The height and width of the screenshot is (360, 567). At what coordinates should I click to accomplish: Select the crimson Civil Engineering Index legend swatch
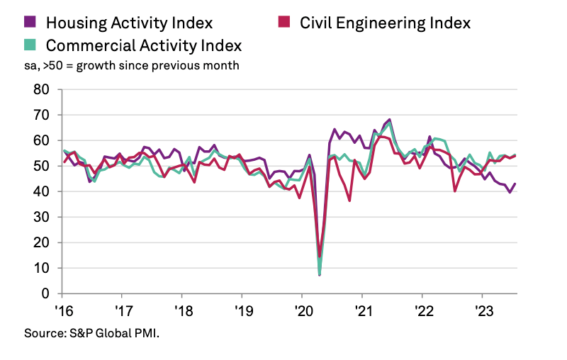281,22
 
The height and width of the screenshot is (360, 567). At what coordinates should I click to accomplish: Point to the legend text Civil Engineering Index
385,23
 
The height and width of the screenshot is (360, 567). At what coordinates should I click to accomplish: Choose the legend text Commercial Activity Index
144,45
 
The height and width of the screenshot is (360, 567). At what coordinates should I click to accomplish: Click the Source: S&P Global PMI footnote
91,332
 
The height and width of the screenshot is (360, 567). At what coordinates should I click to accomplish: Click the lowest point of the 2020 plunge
320,274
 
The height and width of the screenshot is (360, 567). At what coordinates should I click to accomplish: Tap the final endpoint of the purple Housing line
515,184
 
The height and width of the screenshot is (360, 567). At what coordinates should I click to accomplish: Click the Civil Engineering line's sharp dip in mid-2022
454,191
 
